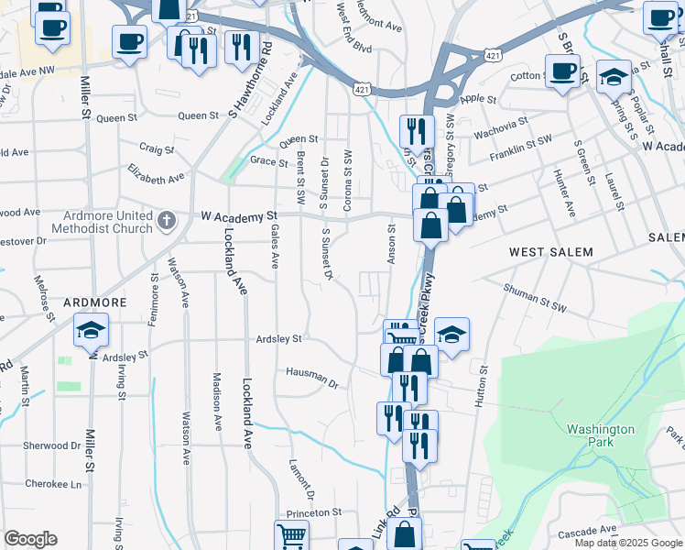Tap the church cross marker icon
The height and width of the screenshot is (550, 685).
165,220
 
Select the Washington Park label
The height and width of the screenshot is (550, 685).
601,435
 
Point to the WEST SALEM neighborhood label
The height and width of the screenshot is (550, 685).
550,251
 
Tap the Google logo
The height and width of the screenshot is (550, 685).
30,539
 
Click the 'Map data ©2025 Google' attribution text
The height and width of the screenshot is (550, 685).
628,543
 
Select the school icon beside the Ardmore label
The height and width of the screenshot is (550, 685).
92,330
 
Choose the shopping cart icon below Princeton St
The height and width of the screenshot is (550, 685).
291,536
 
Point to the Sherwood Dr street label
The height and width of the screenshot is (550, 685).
53,445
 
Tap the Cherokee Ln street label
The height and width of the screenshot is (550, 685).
53,484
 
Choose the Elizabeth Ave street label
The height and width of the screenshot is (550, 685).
156,171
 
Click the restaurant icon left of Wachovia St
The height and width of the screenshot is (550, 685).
417,131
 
